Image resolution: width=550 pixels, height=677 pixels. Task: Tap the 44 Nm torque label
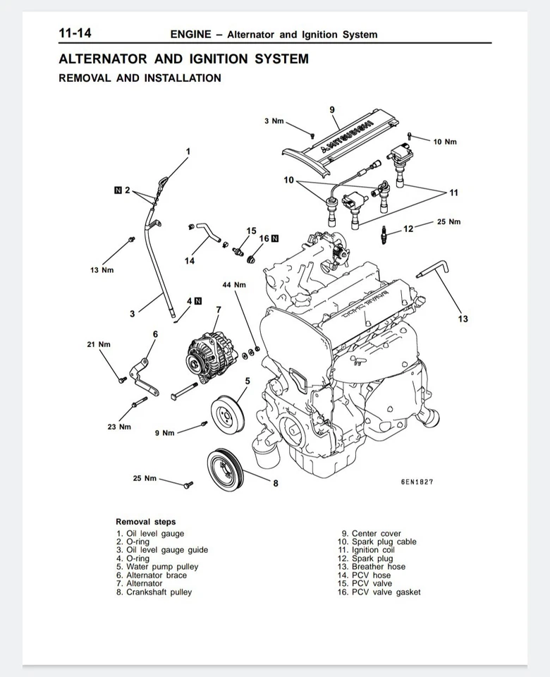pos(234,285)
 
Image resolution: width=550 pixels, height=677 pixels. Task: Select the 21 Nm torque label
pos(99,344)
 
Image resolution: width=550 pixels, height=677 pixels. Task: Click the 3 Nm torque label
pos(274,121)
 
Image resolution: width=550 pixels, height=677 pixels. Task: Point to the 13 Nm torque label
pos(102,270)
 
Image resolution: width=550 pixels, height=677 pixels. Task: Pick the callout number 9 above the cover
pos(332,109)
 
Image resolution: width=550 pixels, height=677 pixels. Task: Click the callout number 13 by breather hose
pos(463,319)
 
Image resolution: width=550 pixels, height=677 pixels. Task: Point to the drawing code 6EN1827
pos(417,482)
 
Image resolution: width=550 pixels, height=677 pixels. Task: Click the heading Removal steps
pos(146,522)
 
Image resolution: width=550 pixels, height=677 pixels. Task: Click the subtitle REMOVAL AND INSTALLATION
pos(140,78)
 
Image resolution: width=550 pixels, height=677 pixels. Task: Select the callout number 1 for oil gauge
pos(188,151)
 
